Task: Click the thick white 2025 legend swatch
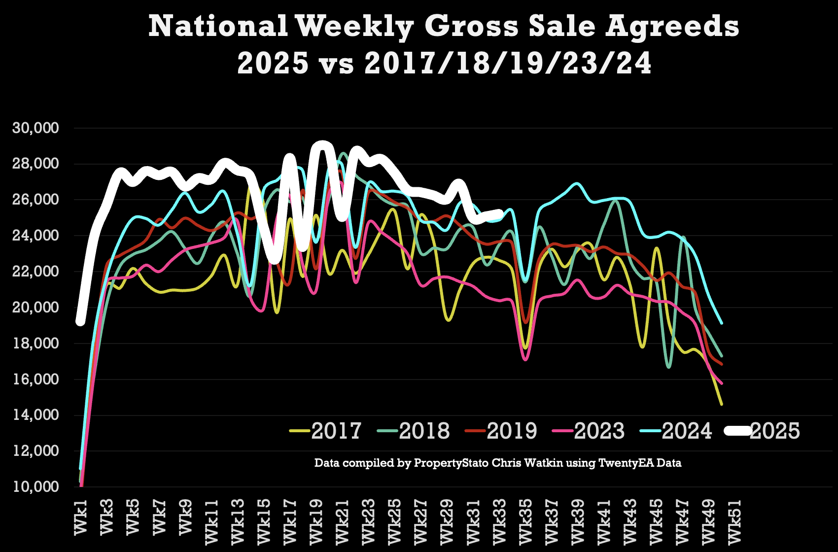(x=736, y=431)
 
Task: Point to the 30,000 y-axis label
(x=35, y=128)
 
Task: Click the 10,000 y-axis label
(x=35, y=487)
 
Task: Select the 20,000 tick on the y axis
(x=35, y=308)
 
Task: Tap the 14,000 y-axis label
(x=35, y=415)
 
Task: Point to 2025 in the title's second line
(x=273, y=64)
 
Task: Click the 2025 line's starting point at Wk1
(x=80, y=321)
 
